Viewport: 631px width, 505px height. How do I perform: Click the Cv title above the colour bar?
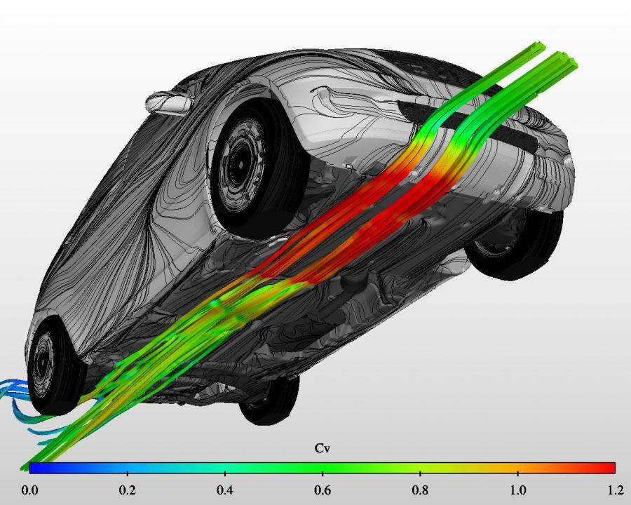click(x=322, y=448)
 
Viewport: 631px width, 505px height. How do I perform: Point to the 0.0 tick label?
click(x=29, y=490)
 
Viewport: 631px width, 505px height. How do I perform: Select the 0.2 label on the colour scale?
click(x=127, y=490)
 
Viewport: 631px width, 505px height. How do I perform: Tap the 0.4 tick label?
click(x=224, y=490)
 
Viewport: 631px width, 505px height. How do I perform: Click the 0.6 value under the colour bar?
click(x=323, y=490)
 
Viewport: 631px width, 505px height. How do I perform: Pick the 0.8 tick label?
click(x=420, y=490)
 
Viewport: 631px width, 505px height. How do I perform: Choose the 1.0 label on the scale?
click(x=518, y=490)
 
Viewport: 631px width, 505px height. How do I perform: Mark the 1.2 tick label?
click(x=616, y=490)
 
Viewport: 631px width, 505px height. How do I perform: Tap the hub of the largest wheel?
click(x=240, y=165)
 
